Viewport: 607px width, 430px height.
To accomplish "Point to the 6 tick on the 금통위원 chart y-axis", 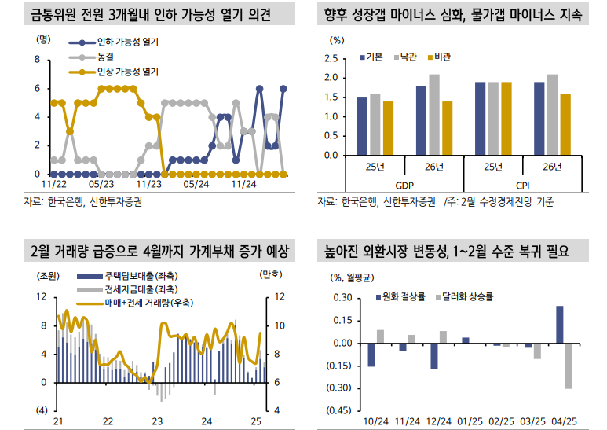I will tap(37, 89).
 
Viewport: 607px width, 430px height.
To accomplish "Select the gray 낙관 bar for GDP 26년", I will tap(434, 115).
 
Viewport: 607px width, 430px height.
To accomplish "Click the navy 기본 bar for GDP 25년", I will tap(362, 126).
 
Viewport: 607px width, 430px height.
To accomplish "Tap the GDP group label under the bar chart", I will tap(404, 186).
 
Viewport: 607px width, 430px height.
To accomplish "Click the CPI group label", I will tap(522, 186).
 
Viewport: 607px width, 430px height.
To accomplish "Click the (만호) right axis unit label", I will tap(271, 275).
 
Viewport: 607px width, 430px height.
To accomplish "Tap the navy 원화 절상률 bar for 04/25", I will tap(560, 325).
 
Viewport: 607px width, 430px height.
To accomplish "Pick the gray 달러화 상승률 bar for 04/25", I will tap(569, 366).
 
